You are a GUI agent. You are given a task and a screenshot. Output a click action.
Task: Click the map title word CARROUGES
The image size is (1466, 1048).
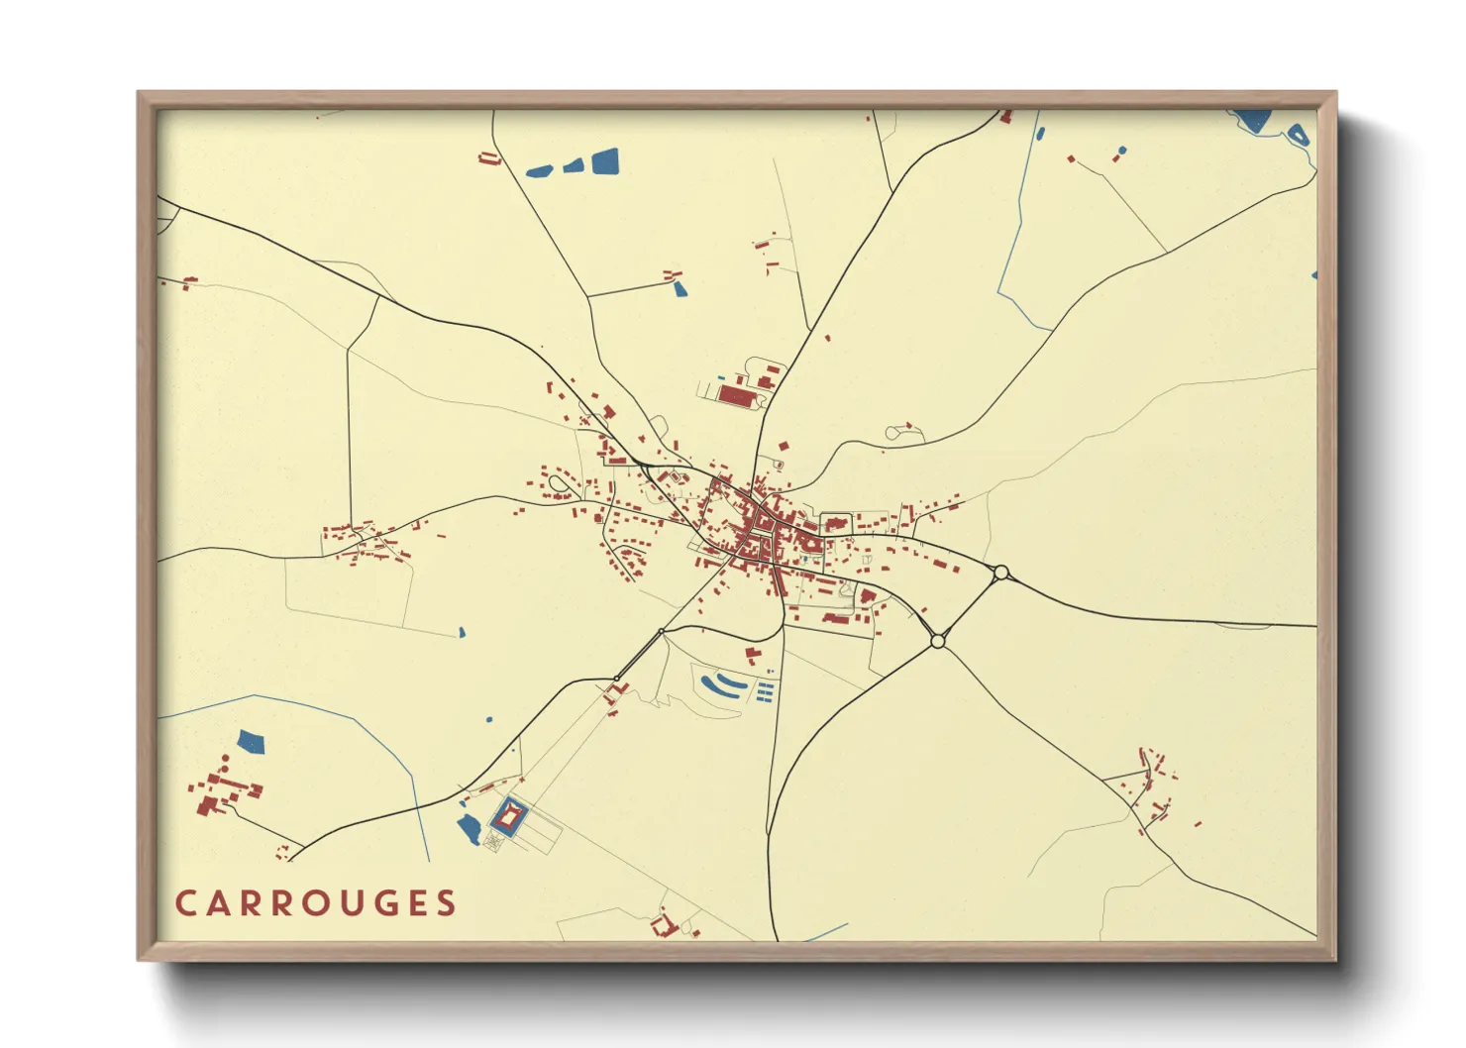315,903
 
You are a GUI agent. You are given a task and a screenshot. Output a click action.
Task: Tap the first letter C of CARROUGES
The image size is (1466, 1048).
185,903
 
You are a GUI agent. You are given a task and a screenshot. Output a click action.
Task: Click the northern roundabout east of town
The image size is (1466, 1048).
1000,573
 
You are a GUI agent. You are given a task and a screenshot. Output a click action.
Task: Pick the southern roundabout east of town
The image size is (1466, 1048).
937,642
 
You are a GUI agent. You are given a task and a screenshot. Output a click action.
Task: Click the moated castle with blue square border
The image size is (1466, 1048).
509,817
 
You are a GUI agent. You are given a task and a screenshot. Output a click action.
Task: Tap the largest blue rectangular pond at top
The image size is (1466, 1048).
604,161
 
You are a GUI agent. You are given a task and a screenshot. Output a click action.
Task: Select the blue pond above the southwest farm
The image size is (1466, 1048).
252,741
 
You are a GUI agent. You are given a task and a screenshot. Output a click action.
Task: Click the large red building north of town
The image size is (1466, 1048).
736,396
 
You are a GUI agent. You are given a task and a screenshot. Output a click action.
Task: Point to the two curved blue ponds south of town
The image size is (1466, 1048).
721,684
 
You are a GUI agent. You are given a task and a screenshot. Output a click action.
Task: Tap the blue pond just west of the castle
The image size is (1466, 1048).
468,829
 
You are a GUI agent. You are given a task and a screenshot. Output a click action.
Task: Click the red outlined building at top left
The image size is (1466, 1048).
487,157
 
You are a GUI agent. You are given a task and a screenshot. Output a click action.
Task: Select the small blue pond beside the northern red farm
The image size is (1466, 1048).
680,288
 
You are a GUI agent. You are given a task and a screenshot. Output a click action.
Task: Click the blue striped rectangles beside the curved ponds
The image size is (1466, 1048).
765,691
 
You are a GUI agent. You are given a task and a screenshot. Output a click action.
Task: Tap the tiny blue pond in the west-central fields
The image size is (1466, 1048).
462,632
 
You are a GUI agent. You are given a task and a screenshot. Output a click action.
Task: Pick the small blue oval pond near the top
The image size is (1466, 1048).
1039,133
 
